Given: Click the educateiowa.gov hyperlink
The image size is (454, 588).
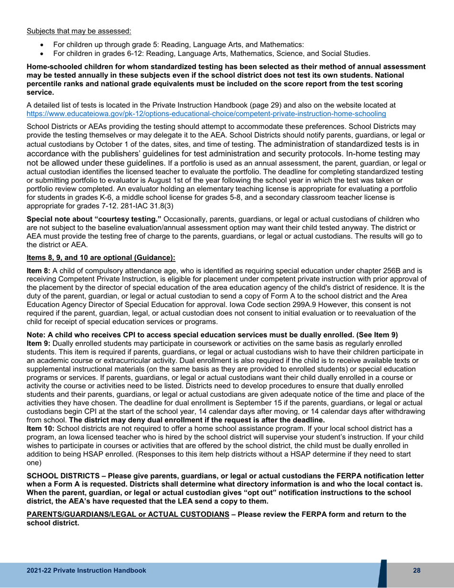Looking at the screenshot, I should (206, 114).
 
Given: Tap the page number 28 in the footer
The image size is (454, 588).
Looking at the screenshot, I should (416, 571).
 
